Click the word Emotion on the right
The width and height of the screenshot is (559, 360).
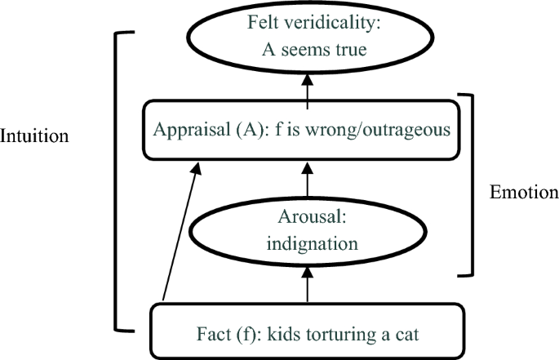[x=523, y=193]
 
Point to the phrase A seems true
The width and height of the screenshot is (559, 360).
[x=308, y=49]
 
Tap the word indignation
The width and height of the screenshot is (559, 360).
[x=308, y=244]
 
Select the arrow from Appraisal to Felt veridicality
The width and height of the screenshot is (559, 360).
[x=308, y=88]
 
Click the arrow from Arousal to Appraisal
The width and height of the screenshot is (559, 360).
[x=308, y=178]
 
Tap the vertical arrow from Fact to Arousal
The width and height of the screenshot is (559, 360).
[x=308, y=287]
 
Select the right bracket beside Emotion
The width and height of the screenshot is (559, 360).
[x=470, y=184]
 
